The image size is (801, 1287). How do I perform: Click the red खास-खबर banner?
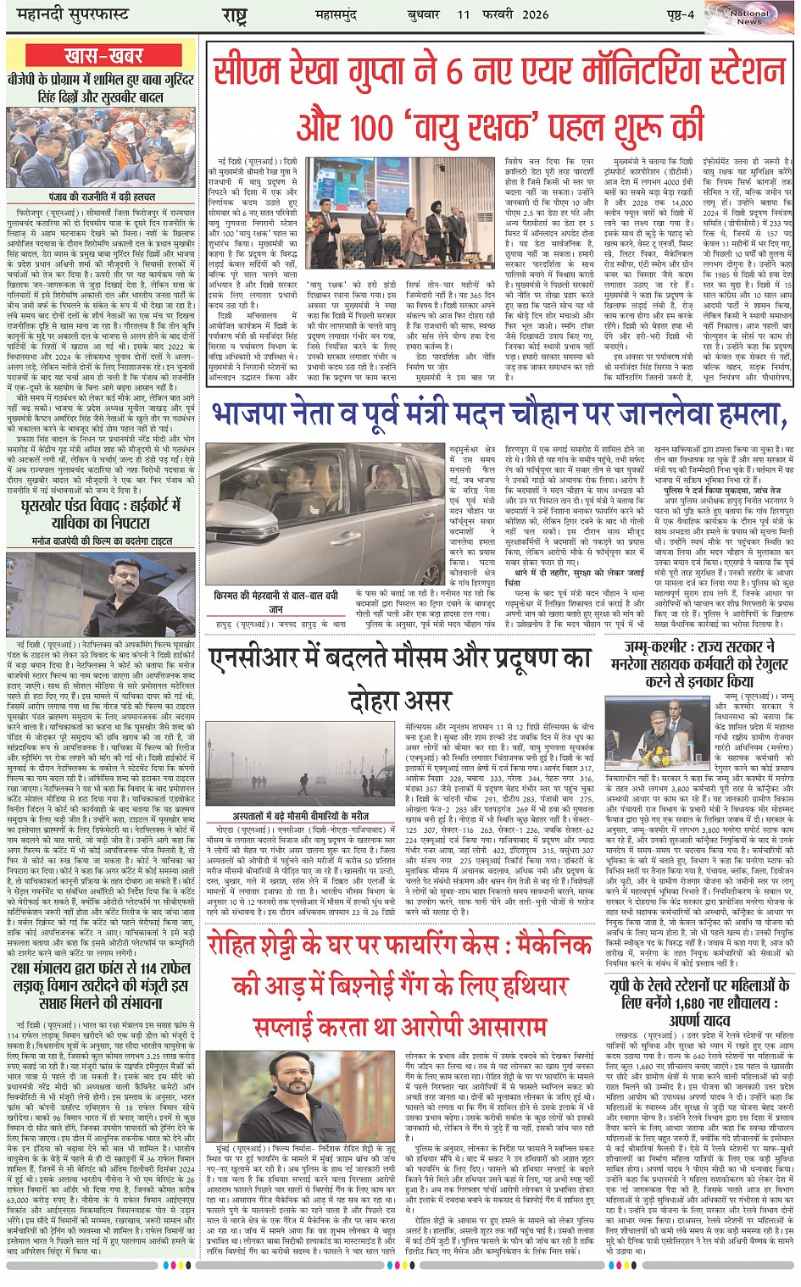coord(102,56)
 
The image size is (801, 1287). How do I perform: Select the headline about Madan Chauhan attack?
coord(498,413)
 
